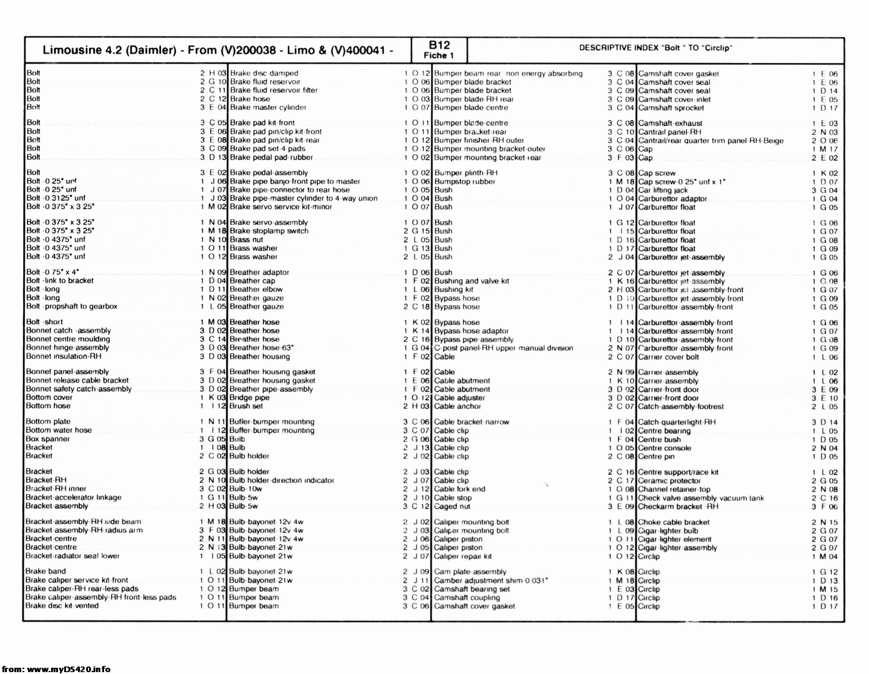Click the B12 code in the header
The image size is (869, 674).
click(x=439, y=45)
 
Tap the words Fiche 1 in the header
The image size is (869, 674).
click(x=439, y=56)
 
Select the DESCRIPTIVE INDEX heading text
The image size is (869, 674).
click(x=655, y=48)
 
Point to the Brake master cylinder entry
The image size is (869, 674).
click(x=268, y=107)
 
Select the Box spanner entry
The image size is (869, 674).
click(x=48, y=439)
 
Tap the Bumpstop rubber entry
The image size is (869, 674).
click(x=464, y=182)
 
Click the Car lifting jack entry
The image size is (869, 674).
click(x=663, y=190)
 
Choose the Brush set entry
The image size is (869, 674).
click(x=246, y=406)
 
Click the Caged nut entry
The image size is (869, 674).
click(x=452, y=506)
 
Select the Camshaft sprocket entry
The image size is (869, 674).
click(x=671, y=107)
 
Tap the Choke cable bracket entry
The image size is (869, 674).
click(x=674, y=522)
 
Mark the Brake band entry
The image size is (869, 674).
click(x=46, y=571)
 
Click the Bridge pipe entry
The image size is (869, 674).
click(x=249, y=398)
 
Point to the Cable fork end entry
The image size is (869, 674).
click(x=459, y=489)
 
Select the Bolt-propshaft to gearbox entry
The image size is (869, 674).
click(x=72, y=306)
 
